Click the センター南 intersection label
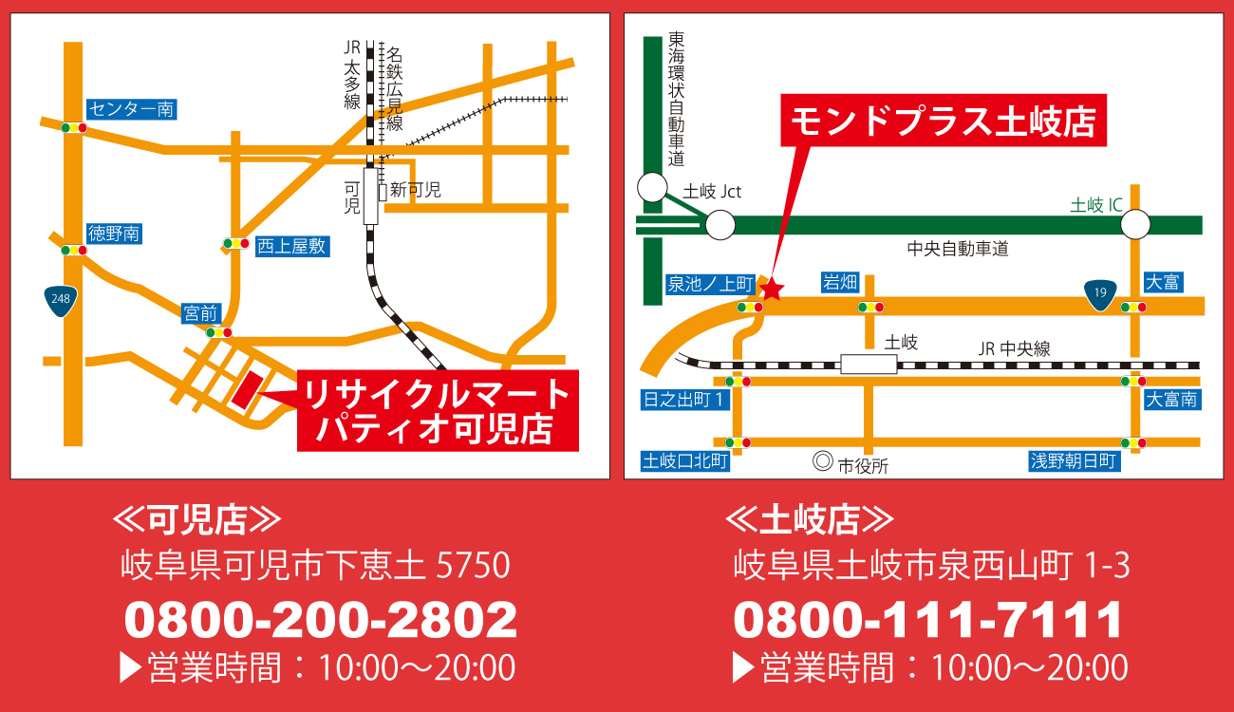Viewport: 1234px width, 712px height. [131, 109]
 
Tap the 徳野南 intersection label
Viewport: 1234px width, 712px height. [114, 233]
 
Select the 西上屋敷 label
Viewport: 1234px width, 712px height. [291, 246]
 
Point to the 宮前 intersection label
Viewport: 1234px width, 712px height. [201, 313]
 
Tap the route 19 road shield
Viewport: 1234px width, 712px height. [1099, 294]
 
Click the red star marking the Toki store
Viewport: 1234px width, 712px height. [772, 289]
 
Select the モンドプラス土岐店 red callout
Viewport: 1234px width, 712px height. [944, 121]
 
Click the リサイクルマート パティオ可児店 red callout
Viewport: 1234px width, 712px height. [437, 411]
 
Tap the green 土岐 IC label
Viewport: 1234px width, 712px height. [1096, 204]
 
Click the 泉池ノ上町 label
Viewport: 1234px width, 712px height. [710, 284]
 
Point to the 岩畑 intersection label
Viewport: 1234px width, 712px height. [840, 282]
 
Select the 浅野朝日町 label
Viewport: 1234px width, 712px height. [1075, 461]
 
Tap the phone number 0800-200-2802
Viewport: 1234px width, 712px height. [321, 620]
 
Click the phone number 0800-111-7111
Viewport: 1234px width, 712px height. [928, 620]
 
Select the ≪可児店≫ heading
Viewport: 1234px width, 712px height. [196, 519]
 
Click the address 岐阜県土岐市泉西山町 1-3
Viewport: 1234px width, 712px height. [931, 567]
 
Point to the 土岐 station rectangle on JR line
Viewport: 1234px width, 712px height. [869, 365]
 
